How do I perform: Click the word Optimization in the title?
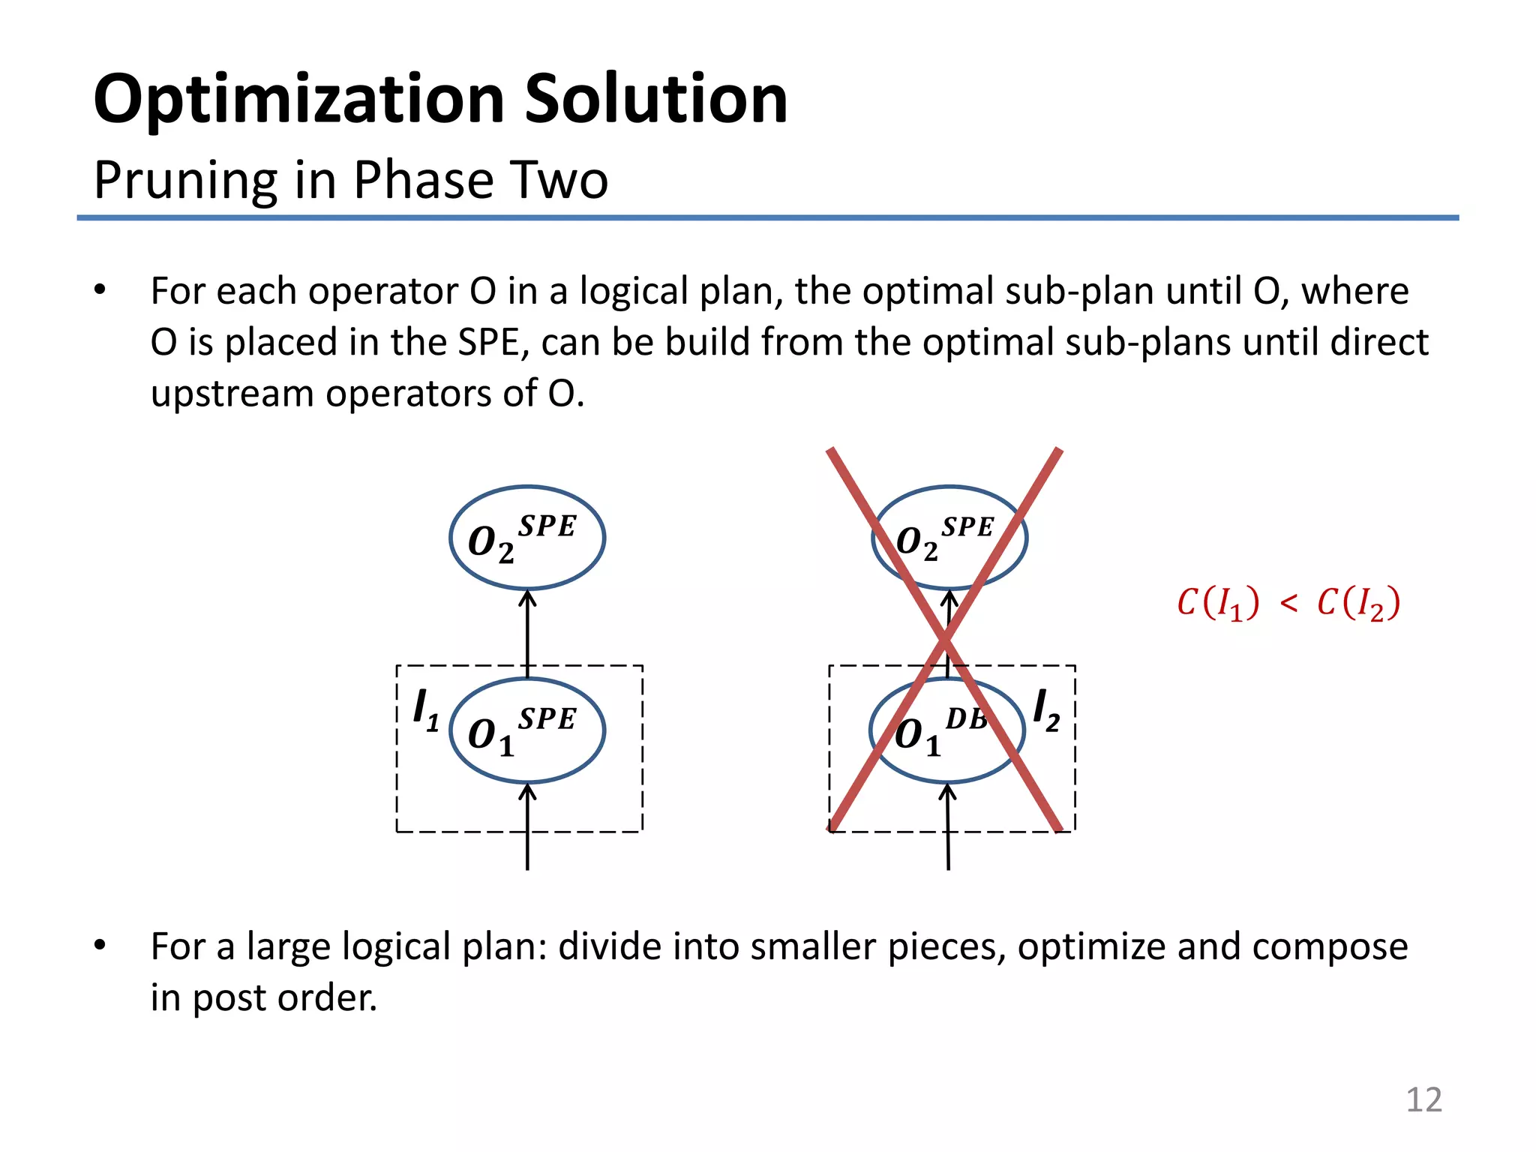pos(298,100)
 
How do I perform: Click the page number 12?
pos(1423,1100)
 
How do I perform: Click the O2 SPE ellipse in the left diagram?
pos(526,538)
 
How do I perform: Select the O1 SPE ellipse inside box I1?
pos(526,730)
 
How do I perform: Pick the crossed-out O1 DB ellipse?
pos(946,730)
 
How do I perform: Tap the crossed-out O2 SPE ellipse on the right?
pos(949,538)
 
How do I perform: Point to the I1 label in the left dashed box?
pos(425,709)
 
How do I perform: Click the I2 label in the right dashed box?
pos(1046,709)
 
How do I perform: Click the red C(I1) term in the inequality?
pos(1218,603)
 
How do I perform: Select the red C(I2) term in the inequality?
pos(1358,603)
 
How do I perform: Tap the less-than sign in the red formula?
pos(1288,603)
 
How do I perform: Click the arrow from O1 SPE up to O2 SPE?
pos(527,634)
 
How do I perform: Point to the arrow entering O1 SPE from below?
pos(527,825)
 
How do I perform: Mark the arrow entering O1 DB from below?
pos(948,825)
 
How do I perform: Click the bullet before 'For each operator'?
pos(100,290)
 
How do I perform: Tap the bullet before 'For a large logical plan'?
pos(100,946)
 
